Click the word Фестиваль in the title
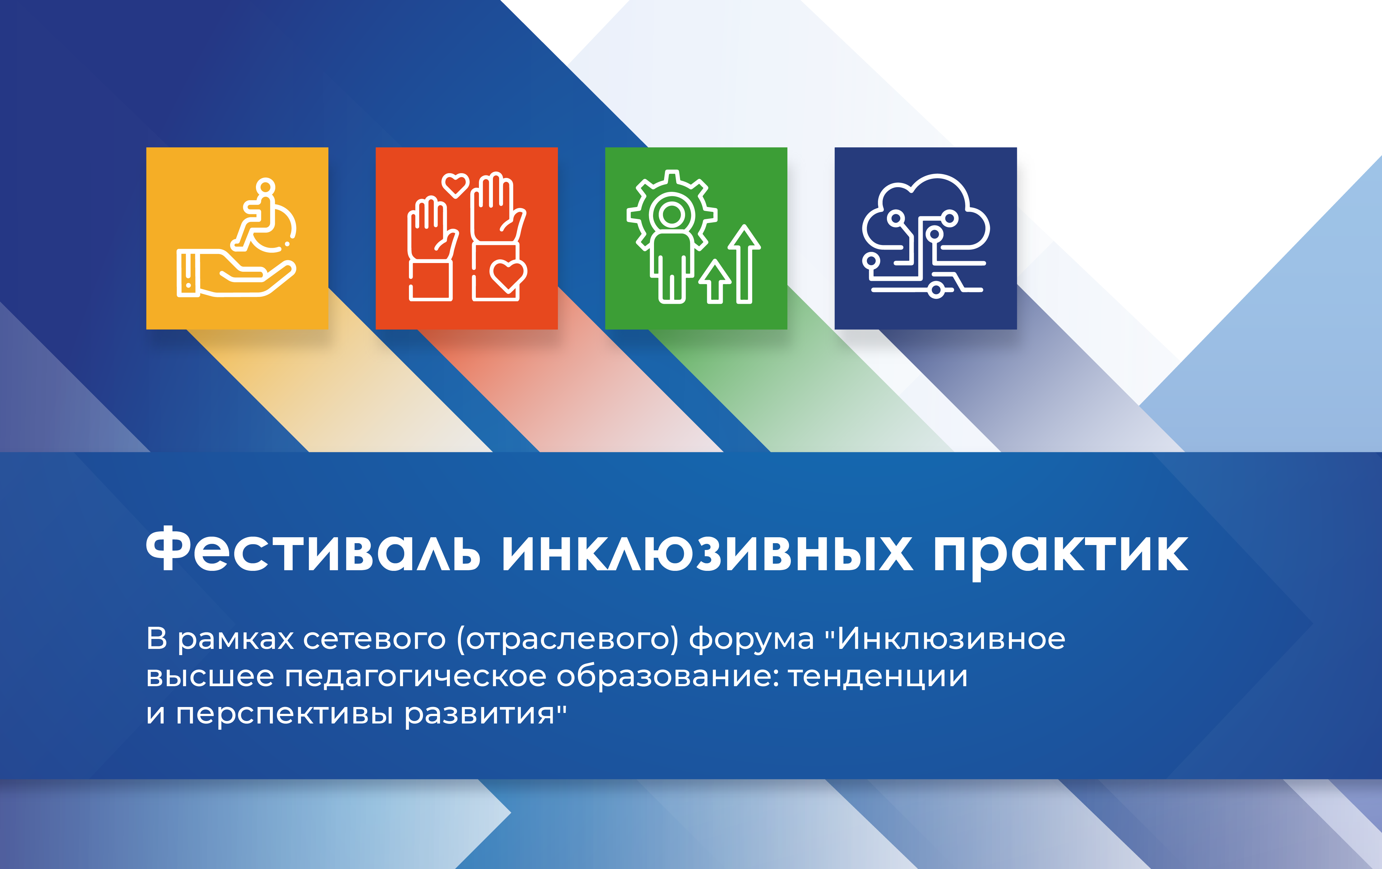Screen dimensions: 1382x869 (x=313, y=549)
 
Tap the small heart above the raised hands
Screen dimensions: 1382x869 (x=456, y=185)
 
